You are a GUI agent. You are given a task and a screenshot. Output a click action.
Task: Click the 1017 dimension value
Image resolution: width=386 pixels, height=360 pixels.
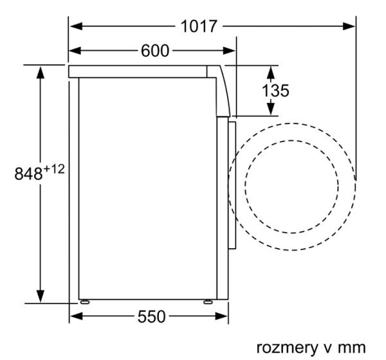click(x=199, y=26)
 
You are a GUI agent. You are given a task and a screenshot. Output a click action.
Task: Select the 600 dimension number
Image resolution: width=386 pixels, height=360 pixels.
click(x=155, y=51)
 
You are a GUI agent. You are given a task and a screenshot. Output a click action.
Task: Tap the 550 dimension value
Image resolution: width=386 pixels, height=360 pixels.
click(x=151, y=316)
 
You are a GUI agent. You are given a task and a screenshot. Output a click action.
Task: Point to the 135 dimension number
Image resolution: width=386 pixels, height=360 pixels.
click(x=275, y=91)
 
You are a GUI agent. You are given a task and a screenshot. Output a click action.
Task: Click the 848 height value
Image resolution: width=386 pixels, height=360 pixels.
click(x=28, y=174)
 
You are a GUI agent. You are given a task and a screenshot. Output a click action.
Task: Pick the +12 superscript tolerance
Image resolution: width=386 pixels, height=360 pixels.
click(x=53, y=169)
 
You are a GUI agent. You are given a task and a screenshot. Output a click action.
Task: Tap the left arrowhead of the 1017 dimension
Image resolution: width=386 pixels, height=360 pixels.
click(x=76, y=26)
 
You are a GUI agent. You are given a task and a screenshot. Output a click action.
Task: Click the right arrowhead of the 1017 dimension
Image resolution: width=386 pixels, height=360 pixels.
click(x=349, y=26)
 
